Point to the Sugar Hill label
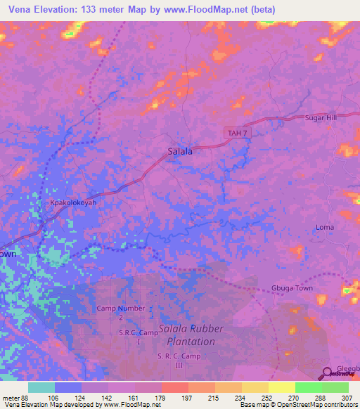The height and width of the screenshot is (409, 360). (x=321, y=117)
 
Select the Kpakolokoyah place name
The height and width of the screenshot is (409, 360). (x=72, y=202)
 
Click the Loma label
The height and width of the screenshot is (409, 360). (x=325, y=227)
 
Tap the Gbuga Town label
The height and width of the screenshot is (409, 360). (x=291, y=289)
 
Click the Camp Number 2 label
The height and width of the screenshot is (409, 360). (x=121, y=312)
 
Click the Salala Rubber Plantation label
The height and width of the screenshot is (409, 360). (x=191, y=335)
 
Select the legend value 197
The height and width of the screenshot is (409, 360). (x=186, y=398)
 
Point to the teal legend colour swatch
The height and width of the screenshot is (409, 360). (x=41, y=387)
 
